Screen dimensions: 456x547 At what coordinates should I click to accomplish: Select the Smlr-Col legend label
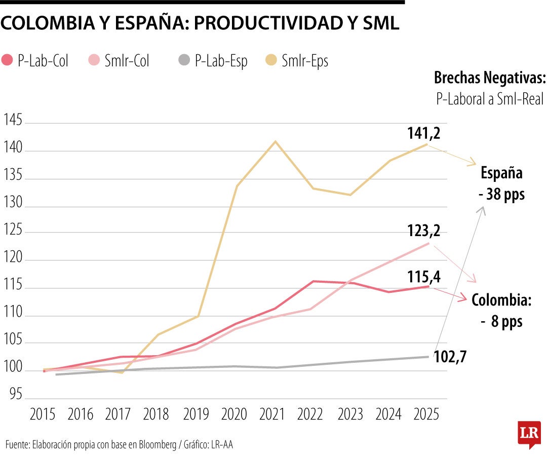(x=127, y=61)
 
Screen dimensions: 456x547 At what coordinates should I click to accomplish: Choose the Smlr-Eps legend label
(x=305, y=61)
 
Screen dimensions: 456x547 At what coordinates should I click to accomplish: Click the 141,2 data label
(x=423, y=133)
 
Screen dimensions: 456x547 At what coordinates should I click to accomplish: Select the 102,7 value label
(x=450, y=356)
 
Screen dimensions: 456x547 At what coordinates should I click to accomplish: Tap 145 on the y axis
(x=13, y=121)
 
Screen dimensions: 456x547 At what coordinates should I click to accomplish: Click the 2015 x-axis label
(x=43, y=414)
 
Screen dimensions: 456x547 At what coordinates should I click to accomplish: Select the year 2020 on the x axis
(x=234, y=414)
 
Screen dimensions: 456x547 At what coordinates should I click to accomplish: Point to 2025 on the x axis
(x=427, y=414)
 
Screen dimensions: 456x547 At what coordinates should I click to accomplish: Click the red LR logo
(x=529, y=433)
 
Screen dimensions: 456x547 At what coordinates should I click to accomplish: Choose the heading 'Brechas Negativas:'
(x=489, y=79)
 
